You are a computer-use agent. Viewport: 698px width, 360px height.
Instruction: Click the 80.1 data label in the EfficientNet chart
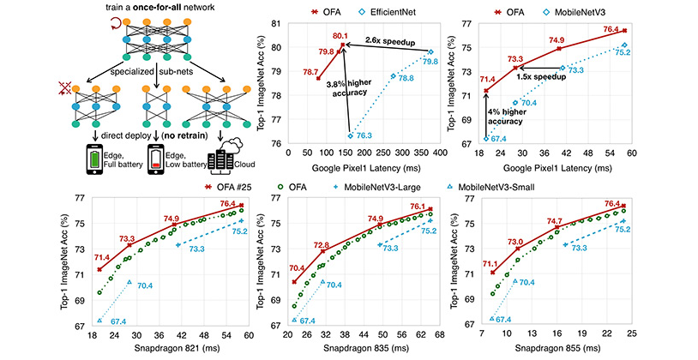342,36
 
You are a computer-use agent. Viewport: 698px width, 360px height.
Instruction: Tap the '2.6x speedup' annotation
390,42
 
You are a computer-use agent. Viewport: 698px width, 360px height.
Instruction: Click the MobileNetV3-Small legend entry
491,188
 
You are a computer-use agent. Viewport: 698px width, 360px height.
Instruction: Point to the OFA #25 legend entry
228,188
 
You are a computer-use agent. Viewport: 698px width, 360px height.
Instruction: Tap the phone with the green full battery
94,159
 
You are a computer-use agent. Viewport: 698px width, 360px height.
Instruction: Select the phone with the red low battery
156,159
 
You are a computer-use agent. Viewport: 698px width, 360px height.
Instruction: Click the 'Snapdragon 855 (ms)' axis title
557,347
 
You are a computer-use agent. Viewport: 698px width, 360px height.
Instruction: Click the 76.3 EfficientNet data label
364,135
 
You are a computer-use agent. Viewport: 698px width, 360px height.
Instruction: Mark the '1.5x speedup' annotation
541,76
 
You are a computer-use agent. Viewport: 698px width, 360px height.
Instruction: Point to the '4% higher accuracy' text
507,117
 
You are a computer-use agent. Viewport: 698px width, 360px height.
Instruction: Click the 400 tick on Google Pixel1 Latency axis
440,153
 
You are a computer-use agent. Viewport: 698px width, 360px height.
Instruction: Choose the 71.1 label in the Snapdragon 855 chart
490,264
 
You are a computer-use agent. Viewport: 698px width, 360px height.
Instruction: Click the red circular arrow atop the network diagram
117,22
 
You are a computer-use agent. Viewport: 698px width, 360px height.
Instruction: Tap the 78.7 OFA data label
310,71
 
